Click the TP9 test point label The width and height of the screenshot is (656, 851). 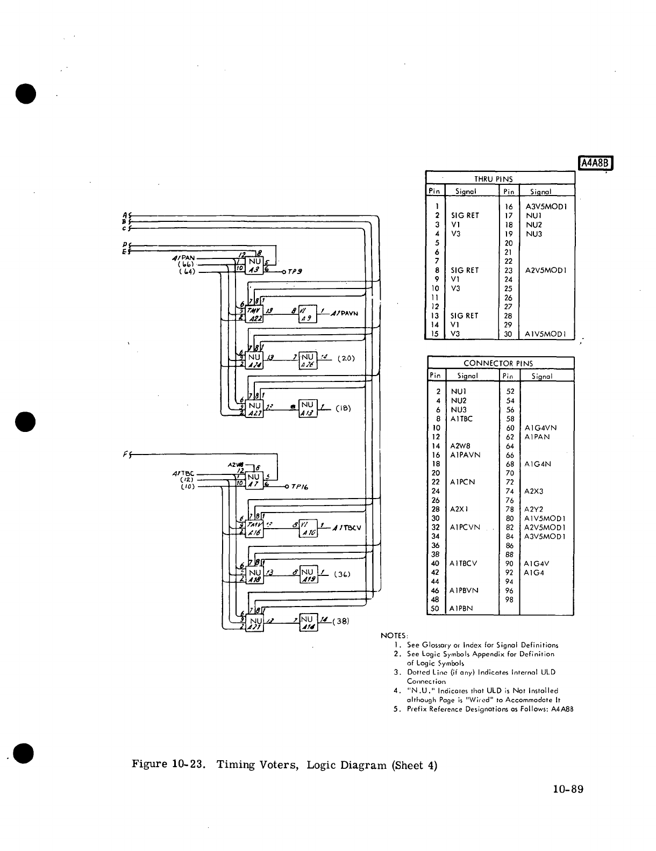(294, 271)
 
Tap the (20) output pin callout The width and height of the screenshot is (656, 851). (345, 358)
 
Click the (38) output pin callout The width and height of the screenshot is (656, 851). (341, 621)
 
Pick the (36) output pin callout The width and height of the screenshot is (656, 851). (343, 574)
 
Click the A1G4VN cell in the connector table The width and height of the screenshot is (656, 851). (540, 428)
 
